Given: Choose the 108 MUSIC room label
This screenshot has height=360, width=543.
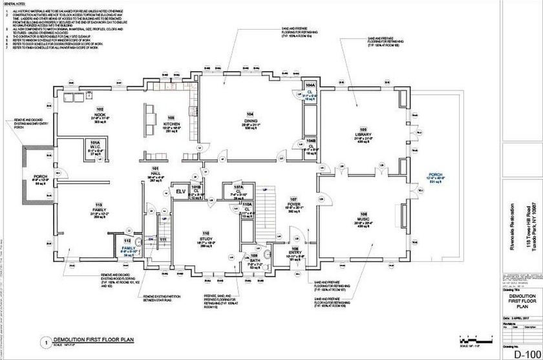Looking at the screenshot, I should (x=364, y=221).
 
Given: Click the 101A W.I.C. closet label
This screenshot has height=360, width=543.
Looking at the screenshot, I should (x=94, y=147).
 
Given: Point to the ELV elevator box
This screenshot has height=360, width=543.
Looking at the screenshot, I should (x=180, y=191).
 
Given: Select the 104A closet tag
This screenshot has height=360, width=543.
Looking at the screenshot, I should (x=310, y=85).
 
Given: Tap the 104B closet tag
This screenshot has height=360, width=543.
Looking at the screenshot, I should (x=310, y=140).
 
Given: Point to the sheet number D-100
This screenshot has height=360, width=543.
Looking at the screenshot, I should (x=522, y=353).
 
